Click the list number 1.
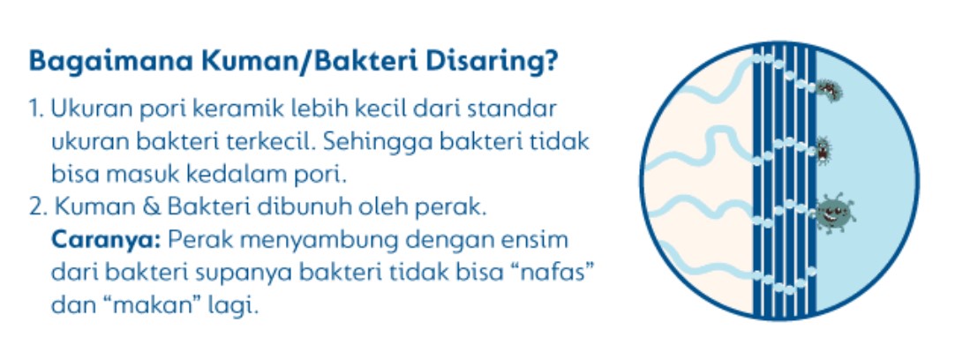tap(36, 109)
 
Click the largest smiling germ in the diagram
tap(833, 214)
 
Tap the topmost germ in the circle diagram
tap(827, 90)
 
